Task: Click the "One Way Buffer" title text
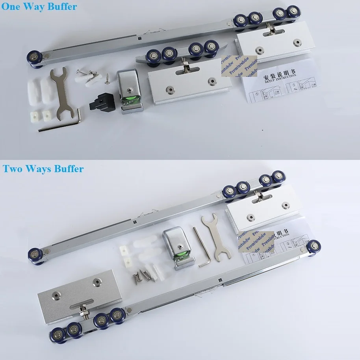pos(39,7)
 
